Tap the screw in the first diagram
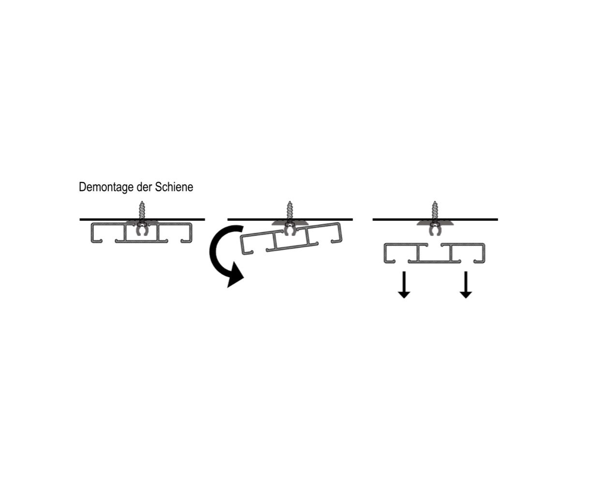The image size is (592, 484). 142,212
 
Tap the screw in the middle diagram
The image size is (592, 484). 289,212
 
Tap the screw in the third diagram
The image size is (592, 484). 435,212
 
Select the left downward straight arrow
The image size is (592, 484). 404,285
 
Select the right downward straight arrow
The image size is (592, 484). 466,285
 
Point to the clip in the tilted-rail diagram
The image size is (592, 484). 290,229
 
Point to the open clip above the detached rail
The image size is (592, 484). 435,229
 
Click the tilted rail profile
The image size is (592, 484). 291,239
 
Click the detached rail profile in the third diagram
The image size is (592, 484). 434,253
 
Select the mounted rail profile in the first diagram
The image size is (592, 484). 141,233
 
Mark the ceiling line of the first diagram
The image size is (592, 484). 142,220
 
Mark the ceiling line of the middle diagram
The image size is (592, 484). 290,220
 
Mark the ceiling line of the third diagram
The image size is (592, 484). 435,220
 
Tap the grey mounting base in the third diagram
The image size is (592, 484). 435,223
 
